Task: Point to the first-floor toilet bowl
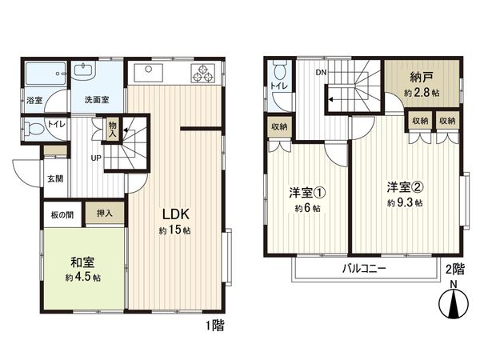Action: coord(34,128)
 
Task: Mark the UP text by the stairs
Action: coord(95,158)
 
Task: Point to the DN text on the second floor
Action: coord(321,71)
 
